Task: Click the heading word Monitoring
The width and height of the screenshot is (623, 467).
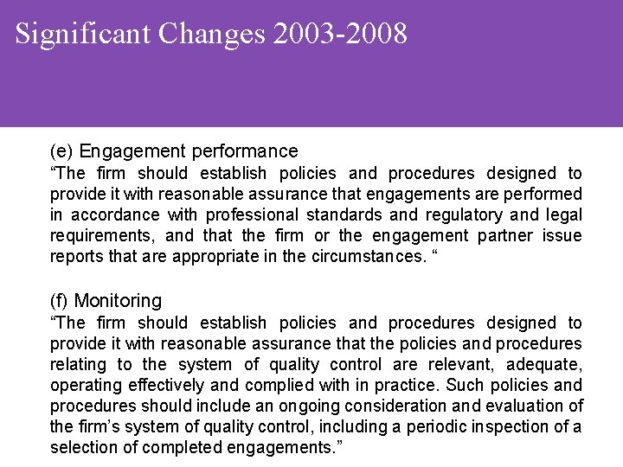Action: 118,301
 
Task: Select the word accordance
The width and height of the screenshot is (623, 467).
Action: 113,214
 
